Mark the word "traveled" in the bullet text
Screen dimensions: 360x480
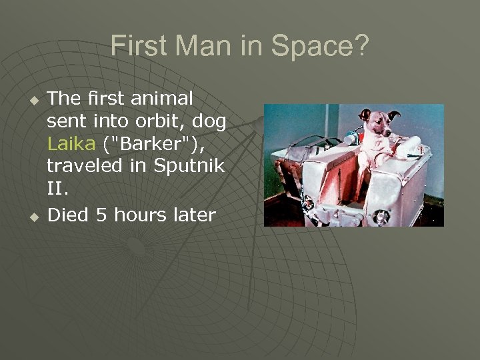pos(85,165)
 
